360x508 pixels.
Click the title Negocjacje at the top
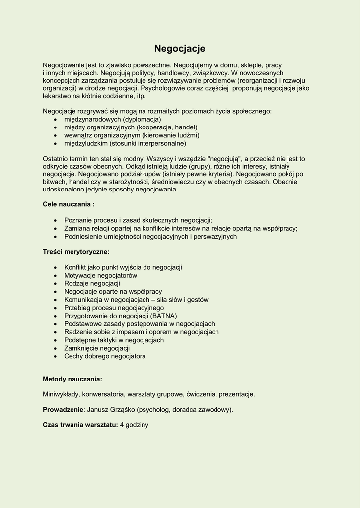point(179,48)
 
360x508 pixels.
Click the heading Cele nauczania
point(69,204)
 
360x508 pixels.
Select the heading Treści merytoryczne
point(76,252)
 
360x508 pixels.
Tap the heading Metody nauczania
point(72,379)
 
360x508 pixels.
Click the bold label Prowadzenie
point(63,410)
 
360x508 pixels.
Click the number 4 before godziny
point(122,425)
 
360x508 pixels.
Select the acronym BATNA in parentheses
point(164,316)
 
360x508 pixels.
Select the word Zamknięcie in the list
point(81,348)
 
